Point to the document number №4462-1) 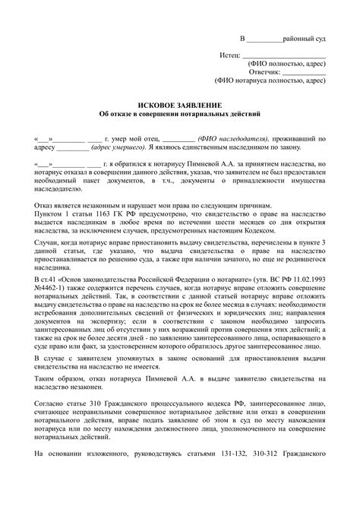[51, 313]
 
